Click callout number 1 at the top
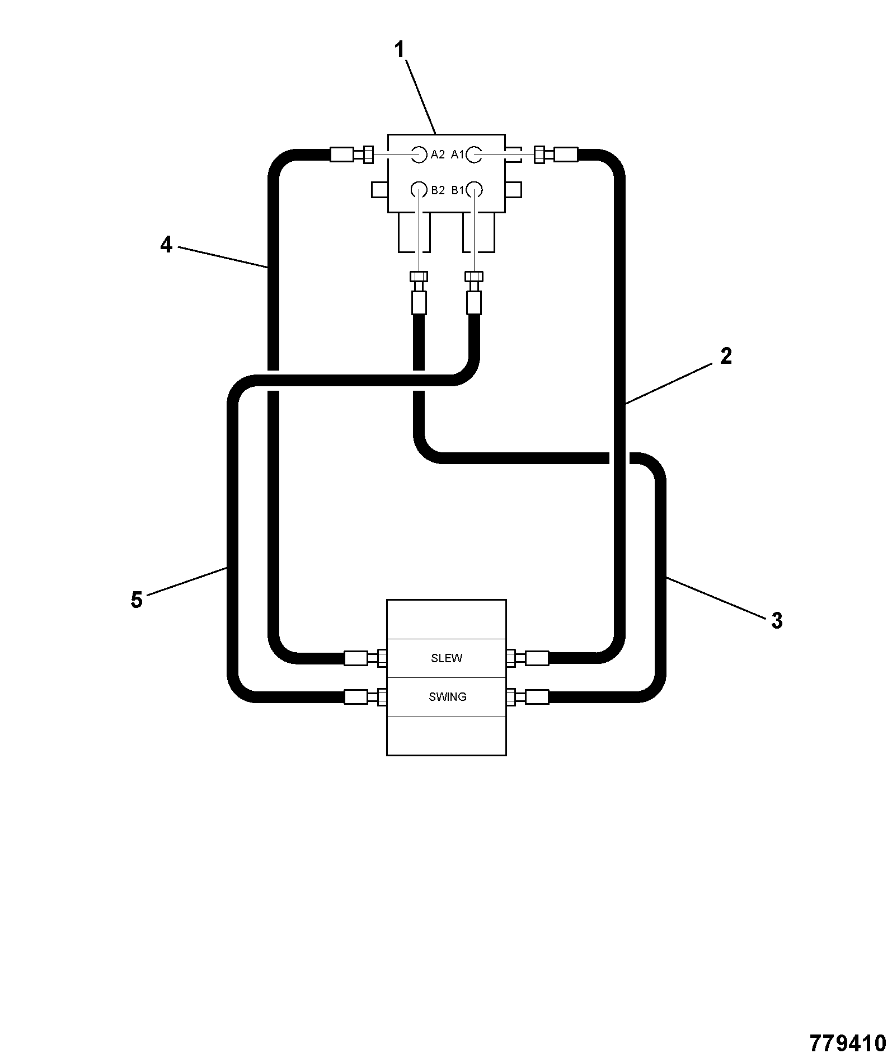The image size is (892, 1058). point(399,50)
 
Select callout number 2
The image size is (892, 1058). point(726,356)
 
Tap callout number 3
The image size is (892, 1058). point(777,620)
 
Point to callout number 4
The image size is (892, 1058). point(166,245)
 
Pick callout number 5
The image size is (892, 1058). point(137,600)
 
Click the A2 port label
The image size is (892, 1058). point(438,155)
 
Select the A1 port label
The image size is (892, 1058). point(458,155)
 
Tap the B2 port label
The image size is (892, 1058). point(438,190)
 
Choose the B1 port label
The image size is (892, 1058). point(458,190)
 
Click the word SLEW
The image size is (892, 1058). point(447,658)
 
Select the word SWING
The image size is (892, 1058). point(448,697)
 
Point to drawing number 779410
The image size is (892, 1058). point(848,1043)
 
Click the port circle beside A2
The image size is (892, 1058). point(419,155)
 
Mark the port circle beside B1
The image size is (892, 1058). point(475,190)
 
